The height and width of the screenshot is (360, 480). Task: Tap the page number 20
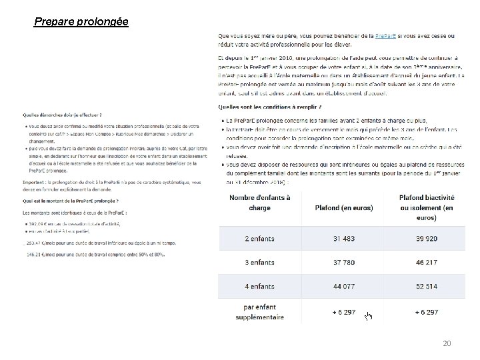pyautogui.click(x=447, y=343)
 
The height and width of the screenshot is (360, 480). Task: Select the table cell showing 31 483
pyautogui.click(x=344, y=238)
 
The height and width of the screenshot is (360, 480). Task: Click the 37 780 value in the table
pyautogui.click(x=344, y=262)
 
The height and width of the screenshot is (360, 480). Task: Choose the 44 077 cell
pyautogui.click(x=344, y=287)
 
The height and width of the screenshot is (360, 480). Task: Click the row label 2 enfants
pyautogui.click(x=259, y=238)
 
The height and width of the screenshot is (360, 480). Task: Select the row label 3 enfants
pyautogui.click(x=259, y=262)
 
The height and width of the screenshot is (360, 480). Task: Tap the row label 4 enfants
pyautogui.click(x=259, y=287)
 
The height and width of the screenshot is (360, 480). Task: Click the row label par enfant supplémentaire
pyautogui.click(x=259, y=312)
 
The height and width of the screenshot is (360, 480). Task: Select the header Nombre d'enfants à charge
pyautogui.click(x=259, y=203)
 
